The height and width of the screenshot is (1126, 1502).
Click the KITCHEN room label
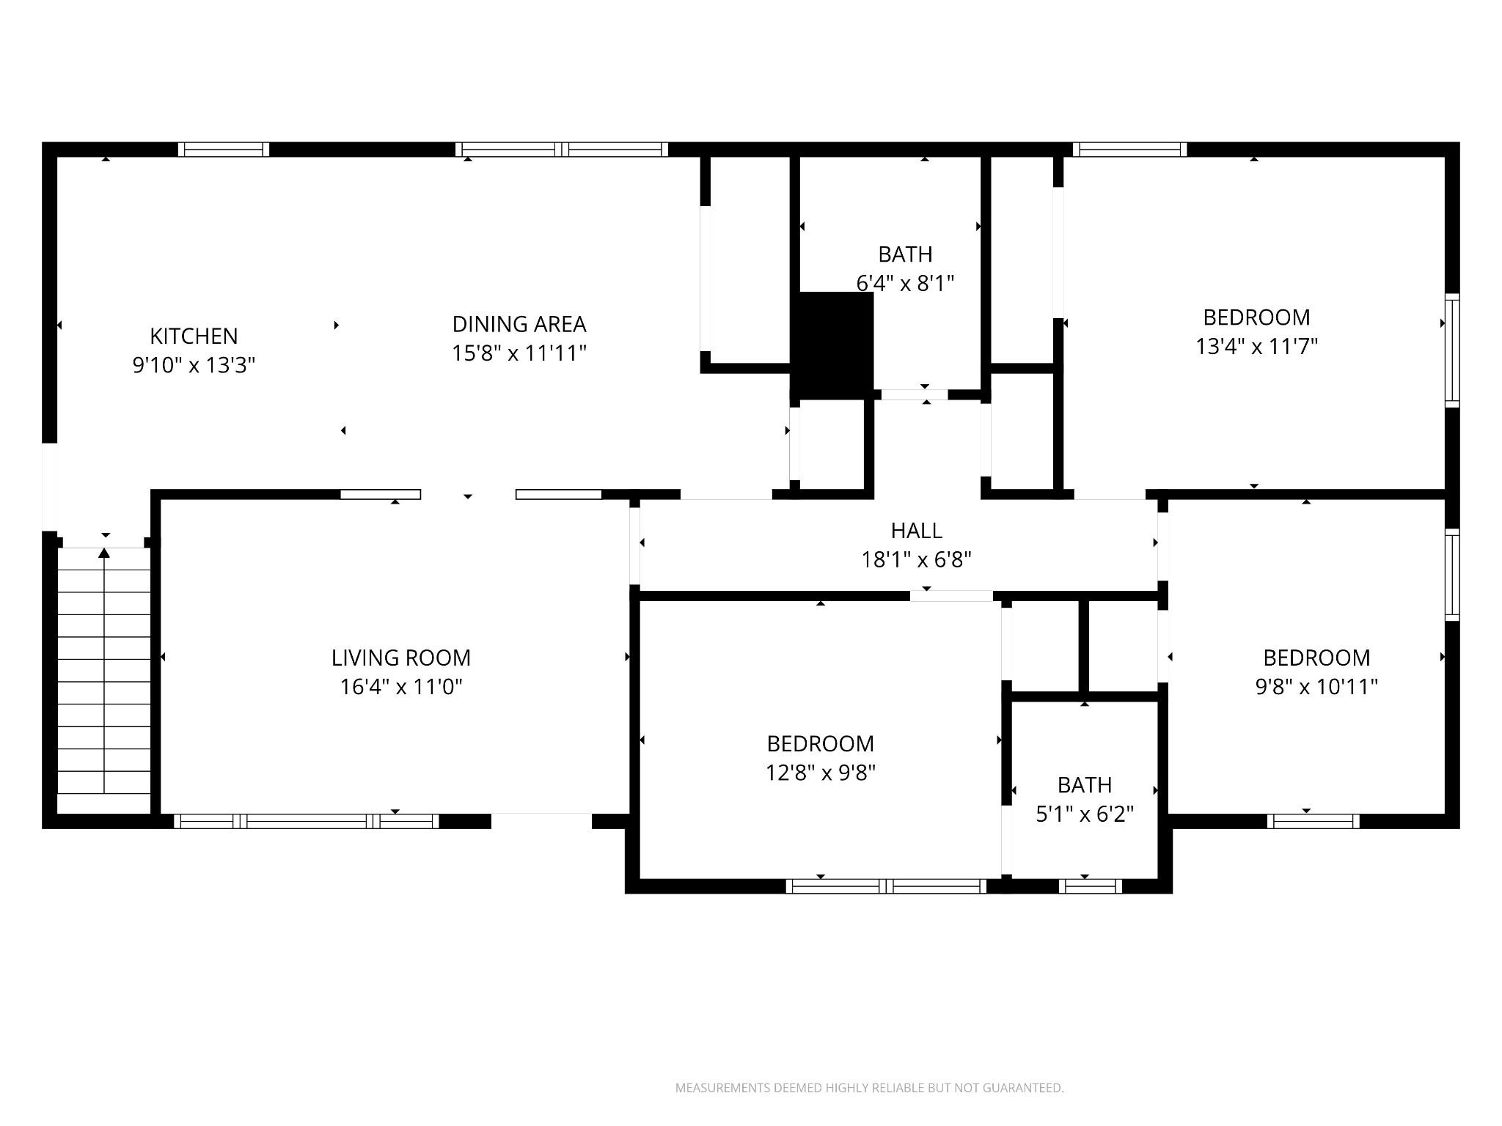194,336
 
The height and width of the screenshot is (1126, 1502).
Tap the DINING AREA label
519,324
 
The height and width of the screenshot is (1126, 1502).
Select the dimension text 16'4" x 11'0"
400,687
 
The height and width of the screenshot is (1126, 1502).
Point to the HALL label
916,530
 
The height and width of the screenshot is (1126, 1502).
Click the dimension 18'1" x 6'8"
916,560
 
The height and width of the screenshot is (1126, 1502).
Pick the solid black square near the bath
835,345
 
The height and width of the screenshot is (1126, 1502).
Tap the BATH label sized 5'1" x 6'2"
1084,785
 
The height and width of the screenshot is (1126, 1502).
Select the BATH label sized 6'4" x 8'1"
905,254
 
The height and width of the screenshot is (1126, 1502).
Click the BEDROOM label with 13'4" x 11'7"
1256,317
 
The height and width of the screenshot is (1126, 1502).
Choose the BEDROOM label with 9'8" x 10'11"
1316,658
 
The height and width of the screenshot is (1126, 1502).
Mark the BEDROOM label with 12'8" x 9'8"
820,744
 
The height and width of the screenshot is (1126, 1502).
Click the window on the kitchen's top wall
224,150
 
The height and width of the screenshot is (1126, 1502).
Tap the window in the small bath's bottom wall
1090,886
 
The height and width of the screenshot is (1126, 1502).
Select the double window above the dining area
562,150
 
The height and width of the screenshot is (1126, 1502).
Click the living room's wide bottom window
307,821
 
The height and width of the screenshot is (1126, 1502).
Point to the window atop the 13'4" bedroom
1129,150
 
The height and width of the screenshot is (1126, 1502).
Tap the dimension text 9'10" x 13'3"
194,365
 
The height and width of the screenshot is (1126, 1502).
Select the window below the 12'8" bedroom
886,886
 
